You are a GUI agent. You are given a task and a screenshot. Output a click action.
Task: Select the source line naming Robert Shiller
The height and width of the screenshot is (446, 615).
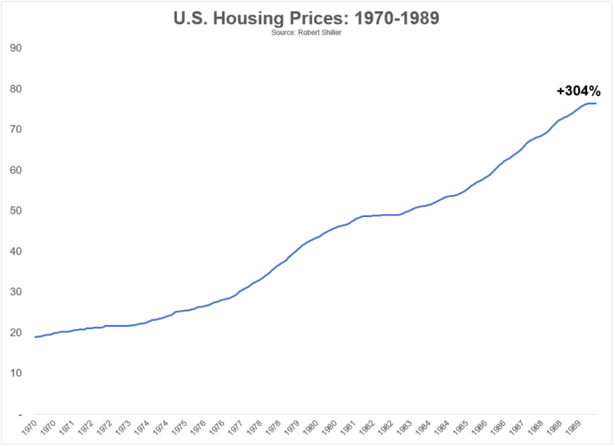pos(307,34)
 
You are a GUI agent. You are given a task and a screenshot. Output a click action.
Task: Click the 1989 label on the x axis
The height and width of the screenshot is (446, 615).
pos(573,431)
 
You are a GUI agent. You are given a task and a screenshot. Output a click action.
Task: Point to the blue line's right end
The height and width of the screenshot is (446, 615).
pos(596,103)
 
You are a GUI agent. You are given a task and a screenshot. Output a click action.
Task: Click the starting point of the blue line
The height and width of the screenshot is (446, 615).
pos(35,337)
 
